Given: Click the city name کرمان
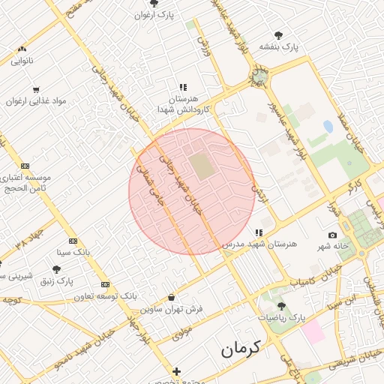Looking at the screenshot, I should click(x=240, y=349).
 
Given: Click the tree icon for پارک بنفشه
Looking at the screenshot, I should click(x=278, y=34).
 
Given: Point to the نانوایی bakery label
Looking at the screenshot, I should click(x=22, y=61).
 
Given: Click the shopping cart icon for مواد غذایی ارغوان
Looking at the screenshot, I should click(x=36, y=89).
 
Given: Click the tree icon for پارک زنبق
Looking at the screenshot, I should click(x=56, y=270).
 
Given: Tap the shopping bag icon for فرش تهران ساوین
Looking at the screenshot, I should click(x=172, y=297).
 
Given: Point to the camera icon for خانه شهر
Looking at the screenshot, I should click(x=333, y=235).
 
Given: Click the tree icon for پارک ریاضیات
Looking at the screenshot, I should click(x=281, y=306).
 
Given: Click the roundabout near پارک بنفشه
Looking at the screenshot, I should click(x=259, y=76).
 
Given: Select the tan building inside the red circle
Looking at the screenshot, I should click(x=201, y=166).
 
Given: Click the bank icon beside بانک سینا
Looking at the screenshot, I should click(x=73, y=241).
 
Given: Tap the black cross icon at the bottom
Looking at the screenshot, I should click(x=176, y=371).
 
